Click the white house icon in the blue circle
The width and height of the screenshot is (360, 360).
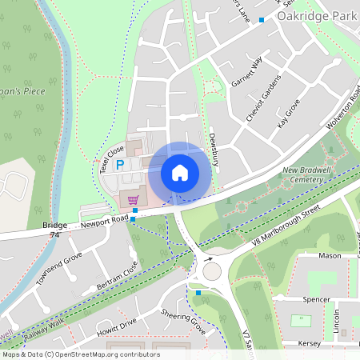(180, 173)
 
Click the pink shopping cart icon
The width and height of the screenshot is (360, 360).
(133, 200)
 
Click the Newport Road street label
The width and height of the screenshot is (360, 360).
(104, 222)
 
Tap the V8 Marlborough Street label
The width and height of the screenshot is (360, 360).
(286, 226)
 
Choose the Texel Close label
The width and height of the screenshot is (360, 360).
(111, 156)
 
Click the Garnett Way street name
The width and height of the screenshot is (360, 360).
(246, 72)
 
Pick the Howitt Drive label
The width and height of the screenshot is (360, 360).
(117, 326)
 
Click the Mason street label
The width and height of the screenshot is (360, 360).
(330, 256)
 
